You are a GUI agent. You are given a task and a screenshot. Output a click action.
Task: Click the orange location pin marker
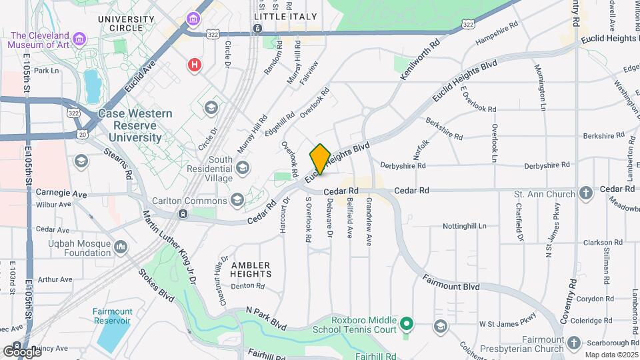tap(320, 159)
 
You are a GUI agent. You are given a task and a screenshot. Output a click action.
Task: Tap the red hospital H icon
tap(194, 65)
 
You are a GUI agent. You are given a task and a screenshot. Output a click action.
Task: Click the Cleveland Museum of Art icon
tap(80, 39)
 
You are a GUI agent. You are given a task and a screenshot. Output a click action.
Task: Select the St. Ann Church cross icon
tap(586, 194)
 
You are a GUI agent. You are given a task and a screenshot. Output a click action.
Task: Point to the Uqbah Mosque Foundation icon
tap(121, 248)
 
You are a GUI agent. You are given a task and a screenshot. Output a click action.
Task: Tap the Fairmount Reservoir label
tap(113, 316)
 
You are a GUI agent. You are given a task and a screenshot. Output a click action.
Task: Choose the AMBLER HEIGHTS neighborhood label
tap(251, 269)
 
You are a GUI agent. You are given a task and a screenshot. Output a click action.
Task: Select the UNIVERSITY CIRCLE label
tap(129, 23)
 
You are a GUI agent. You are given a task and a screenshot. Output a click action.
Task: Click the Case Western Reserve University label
tap(130, 126)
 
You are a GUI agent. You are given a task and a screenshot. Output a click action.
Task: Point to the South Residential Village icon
tap(242, 167)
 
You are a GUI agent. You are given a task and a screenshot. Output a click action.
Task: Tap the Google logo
tap(22, 351)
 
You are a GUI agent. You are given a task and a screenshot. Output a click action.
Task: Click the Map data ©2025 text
tap(611, 355)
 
